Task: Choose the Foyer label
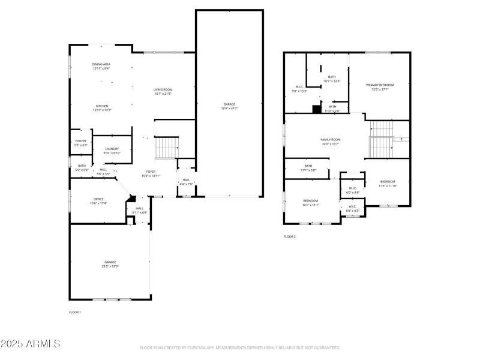click(148, 173)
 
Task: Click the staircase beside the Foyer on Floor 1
click(167, 148)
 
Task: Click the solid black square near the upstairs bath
click(316, 109)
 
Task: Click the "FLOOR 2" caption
click(289, 237)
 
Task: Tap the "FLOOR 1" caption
click(75, 313)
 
